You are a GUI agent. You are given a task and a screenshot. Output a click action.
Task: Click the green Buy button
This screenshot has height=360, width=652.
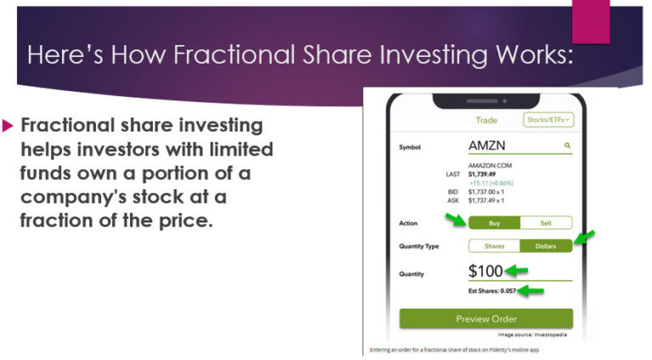493,223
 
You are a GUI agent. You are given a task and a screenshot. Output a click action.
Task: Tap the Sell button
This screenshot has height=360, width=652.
546,223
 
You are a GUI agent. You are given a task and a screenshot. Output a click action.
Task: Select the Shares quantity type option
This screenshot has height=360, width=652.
494,246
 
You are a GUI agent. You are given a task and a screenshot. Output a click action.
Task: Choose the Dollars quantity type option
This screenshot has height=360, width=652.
546,246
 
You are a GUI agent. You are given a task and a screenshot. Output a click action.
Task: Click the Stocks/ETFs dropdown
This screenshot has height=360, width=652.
548,121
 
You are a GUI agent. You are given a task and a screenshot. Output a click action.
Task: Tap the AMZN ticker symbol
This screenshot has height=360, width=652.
486,146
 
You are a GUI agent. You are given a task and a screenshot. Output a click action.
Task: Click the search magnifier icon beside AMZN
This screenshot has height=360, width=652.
567,146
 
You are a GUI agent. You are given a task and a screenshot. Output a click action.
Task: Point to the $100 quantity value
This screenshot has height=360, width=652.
486,272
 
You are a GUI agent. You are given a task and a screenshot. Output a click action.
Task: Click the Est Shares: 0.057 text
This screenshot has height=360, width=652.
492,291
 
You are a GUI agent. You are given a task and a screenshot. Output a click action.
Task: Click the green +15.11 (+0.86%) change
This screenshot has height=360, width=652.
492,183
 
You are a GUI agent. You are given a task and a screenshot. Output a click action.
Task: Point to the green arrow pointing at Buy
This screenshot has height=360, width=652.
455,221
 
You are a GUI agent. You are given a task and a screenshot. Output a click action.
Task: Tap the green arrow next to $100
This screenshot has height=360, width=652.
516,272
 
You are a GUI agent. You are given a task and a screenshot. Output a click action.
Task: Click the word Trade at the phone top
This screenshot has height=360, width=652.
486,121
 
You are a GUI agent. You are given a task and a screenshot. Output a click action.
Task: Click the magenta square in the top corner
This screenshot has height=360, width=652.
591,21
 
